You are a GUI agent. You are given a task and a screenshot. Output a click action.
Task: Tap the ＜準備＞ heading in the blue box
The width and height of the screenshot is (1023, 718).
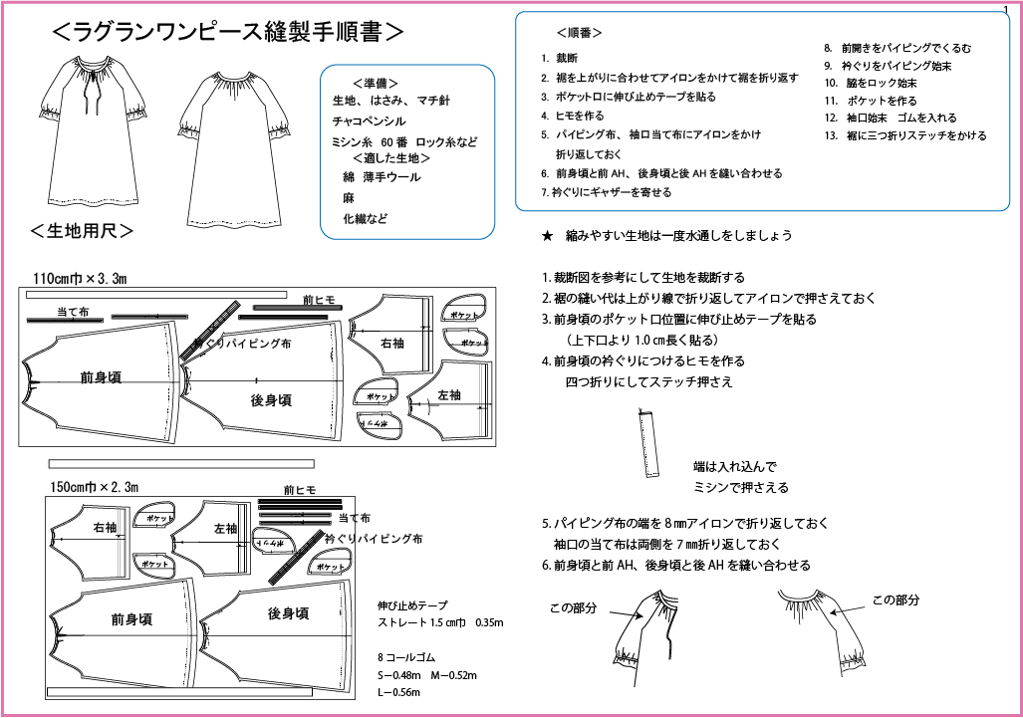377,83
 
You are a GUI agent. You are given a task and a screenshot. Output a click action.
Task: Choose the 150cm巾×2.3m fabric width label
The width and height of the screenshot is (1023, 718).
94,487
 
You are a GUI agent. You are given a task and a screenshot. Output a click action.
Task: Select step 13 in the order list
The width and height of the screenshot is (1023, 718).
905,135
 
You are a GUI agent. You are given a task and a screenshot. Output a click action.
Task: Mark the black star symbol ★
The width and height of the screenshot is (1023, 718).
547,236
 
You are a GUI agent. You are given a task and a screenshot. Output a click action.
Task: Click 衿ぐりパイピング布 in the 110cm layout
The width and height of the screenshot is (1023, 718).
243,343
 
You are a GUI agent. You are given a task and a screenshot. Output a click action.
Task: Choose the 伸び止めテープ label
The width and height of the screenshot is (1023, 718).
412,604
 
